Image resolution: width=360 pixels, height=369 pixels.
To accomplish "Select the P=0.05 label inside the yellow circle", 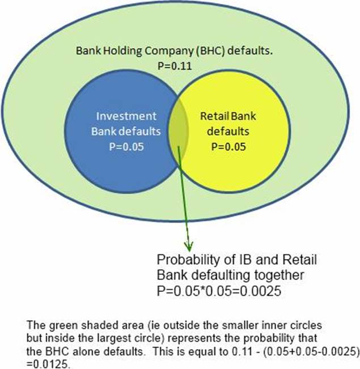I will pyautogui.click(x=227, y=146).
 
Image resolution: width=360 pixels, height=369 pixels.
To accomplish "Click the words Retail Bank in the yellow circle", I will pyautogui.click(x=227, y=116).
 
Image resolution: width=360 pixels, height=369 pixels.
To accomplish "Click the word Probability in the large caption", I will pyautogui.click(x=188, y=260).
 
